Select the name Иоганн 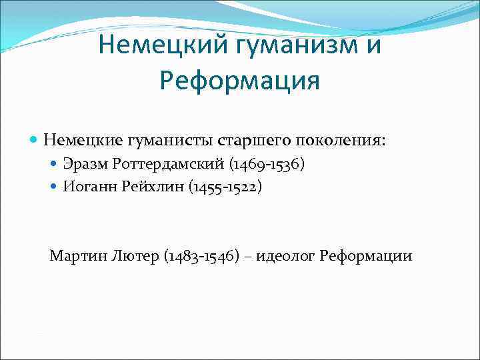[x=86, y=187]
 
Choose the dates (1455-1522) [x=225, y=187]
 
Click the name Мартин [x=73, y=256]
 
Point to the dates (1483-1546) [x=201, y=256]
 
